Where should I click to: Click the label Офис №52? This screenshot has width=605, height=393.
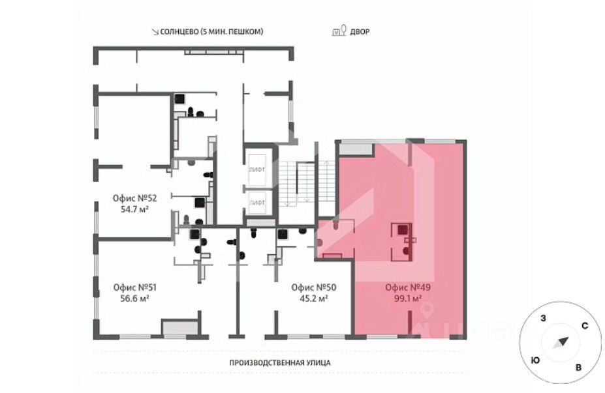(x=134, y=198)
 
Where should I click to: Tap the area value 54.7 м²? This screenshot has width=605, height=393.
(x=135, y=209)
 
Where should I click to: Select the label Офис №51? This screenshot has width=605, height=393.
(x=135, y=287)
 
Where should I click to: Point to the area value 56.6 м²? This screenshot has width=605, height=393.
(x=135, y=298)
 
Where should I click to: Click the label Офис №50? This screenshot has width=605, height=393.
(x=314, y=287)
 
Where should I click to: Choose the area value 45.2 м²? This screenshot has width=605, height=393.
(x=314, y=298)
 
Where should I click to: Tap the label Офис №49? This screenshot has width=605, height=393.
(x=408, y=287)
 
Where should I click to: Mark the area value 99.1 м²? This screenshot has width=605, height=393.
(x=408, y=298)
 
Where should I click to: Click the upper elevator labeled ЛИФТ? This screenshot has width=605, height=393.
(x=257, y=169)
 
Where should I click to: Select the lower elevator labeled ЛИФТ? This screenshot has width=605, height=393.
(x=257, y=203)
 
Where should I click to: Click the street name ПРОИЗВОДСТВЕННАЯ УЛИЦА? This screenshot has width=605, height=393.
(x=280, y=362)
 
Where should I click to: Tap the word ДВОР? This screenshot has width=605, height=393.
(x=360, y=31)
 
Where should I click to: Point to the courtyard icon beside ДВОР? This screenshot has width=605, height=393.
(x=339, y=31)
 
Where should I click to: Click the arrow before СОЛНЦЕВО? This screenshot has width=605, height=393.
(x=155, y=32)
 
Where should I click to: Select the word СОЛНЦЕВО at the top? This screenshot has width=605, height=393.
(x=179, y=31)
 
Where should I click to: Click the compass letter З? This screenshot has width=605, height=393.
(x=544, y=318)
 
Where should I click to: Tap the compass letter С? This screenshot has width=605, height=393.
(x=585, y=326)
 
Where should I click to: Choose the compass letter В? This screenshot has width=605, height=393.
(x=578, y=368)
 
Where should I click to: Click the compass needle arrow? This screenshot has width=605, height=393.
(x=561, y=343)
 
